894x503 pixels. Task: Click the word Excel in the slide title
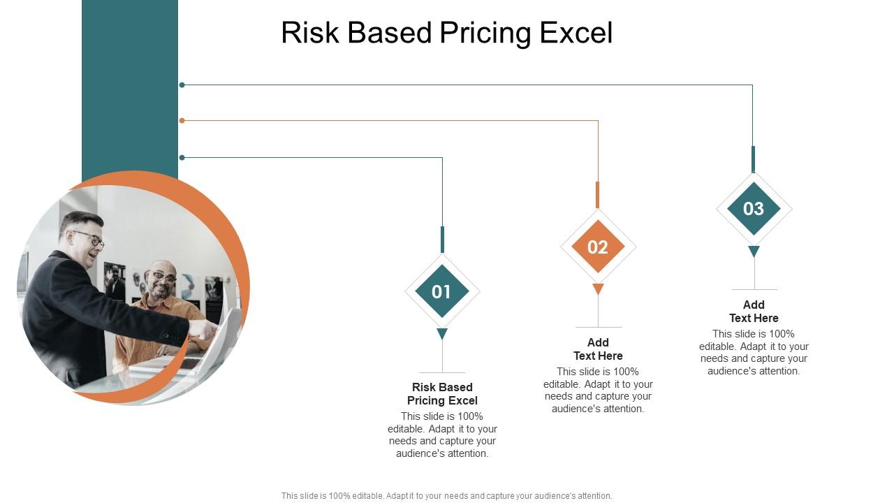coord(576,32)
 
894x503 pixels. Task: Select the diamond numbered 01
coord(442,291)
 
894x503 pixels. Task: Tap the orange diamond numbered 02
coord(598,247)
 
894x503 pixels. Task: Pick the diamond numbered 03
coord(754,208)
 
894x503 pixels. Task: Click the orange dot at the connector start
coord(182,121)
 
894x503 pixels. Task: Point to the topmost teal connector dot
coord(182,85)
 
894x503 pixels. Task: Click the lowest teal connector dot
coord(182,158)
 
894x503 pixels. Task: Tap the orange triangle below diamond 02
coord(598,289)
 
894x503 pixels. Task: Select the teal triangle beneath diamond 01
coord(442,333)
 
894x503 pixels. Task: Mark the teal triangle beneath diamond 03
coord(754,251)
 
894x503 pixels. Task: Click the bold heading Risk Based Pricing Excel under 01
coord(442,393)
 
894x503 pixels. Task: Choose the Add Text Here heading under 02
coord(598,349)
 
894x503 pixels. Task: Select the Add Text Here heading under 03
coord(754,312)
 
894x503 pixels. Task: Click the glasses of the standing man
coord(89,238)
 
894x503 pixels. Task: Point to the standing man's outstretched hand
coord(203,330)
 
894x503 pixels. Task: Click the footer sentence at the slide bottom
coord(446,496)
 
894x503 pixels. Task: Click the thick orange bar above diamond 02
coord(597,195)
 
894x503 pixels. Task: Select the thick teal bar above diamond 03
coord(754,159)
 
